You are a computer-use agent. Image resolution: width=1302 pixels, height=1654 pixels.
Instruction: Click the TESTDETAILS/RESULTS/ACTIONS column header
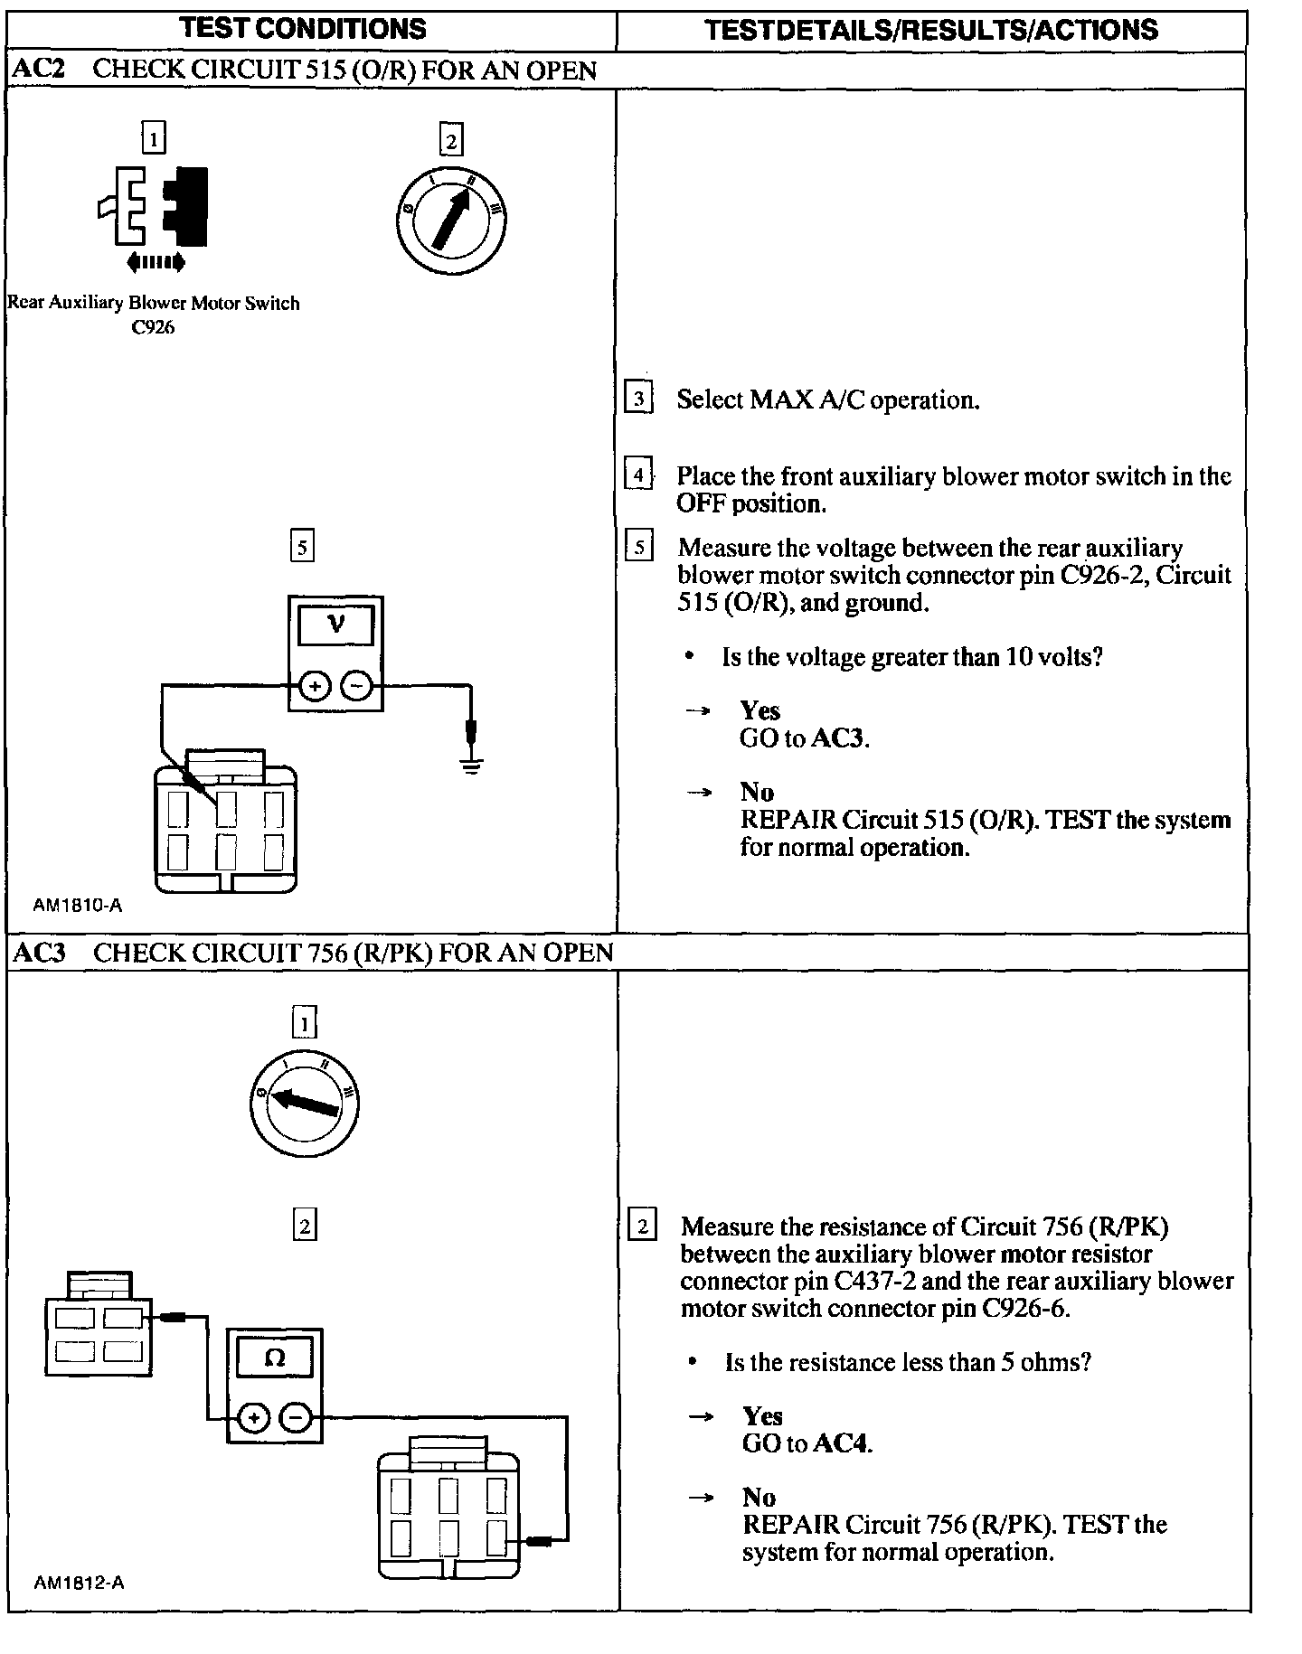click(x=930, y=30)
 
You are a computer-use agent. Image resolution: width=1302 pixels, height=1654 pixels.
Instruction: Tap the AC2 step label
click(x=39, y=70)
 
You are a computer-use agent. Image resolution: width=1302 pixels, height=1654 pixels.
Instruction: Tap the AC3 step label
click(x=40, y=953)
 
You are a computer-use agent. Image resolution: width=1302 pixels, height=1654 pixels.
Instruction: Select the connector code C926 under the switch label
click(x=153, y=327)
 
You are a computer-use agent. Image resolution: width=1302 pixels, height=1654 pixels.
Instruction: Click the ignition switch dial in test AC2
click(x=451, y=218)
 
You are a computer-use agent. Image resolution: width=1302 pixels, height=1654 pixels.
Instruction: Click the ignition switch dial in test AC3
click(x=305, y=1103)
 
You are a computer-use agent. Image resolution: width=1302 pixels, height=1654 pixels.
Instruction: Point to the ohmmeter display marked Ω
click(x=275, y=1358)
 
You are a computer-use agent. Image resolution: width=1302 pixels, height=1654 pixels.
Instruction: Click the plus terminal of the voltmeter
click(x=314, y=688)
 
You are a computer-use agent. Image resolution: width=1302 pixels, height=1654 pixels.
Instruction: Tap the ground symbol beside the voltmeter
click(x=471, y=766)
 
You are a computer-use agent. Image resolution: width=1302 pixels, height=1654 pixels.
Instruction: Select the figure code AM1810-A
click(x=78, y=906)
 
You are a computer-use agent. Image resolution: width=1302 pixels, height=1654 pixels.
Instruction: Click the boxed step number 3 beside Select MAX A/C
click(x=638, y=399)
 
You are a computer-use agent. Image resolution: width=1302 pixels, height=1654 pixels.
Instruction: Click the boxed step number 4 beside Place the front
click(x=638, y=475)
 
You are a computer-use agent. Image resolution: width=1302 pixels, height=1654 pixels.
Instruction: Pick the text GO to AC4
click(x=807, y=1443)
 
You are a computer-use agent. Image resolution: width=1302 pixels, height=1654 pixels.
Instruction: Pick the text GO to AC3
click(x=804, y=738)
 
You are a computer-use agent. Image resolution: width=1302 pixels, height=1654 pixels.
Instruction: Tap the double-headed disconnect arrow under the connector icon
click(x=156, y=263)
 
